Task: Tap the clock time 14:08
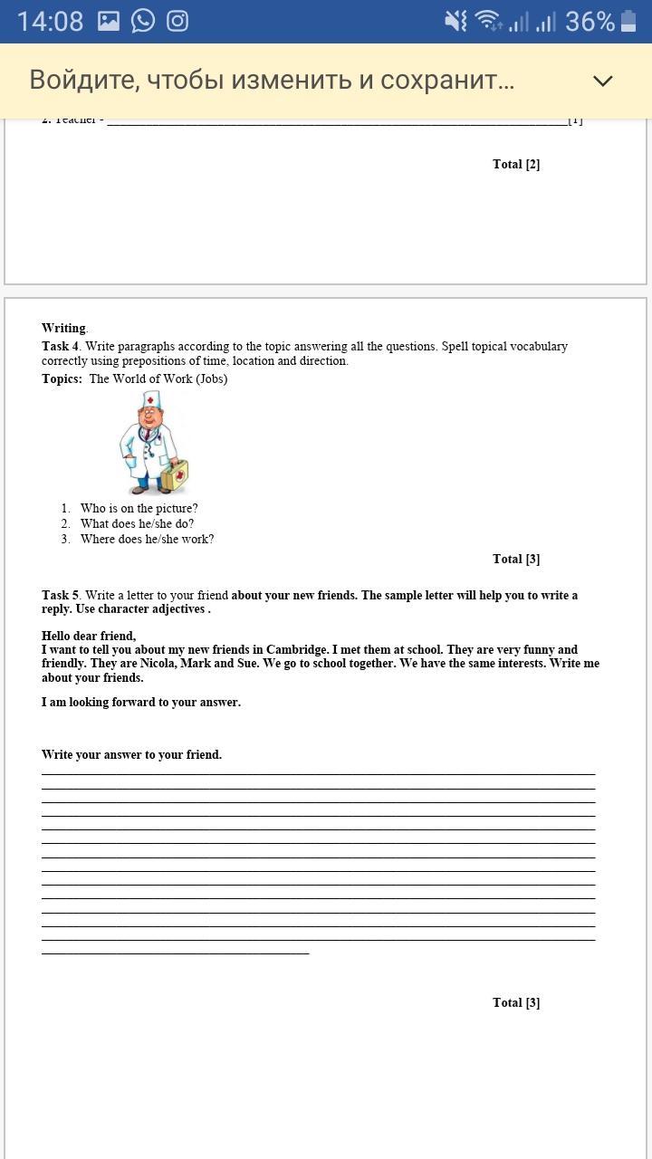(50, 21)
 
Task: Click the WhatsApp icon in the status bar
(143, 21)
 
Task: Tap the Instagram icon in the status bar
(177, 21)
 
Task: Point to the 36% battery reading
(590, 21)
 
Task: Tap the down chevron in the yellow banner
(603, 81)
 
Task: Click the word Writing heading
(63, 328)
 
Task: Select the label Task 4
(61, 346)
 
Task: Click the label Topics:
(62, 378)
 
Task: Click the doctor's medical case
(175, 474)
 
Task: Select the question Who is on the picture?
(139, 509)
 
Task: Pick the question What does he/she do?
(137, 523)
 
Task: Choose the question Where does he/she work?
(147, 539)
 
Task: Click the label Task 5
(61, 595)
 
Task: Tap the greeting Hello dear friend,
(89, 636)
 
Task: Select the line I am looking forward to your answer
(141, 702)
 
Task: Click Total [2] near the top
(516, 164)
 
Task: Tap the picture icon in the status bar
(109, 21)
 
